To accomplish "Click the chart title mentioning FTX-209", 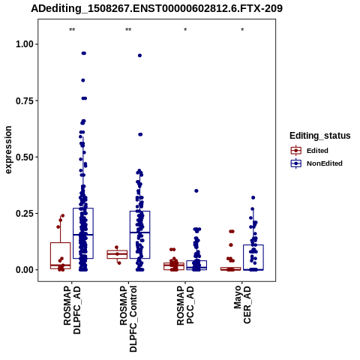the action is [x=157, y=9].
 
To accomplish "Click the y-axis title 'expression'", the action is [x=8, y=150].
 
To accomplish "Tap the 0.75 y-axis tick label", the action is [x=25, y=100].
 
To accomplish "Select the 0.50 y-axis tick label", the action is [x=25, y=157].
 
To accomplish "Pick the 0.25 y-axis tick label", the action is [x=25, y=214].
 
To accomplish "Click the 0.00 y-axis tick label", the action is [x=25, y=270].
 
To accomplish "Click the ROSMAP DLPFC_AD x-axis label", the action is [x=72, y=310].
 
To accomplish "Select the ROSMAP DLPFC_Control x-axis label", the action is [x=128, y=319].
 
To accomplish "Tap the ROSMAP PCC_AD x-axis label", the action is [x=185, y=305].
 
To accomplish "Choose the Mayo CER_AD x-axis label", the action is [x=242, y=304].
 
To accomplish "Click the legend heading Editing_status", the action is [x=320, y=136].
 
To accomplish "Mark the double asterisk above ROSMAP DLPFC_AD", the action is [x=72, y=30].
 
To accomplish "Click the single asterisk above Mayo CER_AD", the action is [x=242, y=30].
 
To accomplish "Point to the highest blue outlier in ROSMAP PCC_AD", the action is [x=196, y=191].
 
